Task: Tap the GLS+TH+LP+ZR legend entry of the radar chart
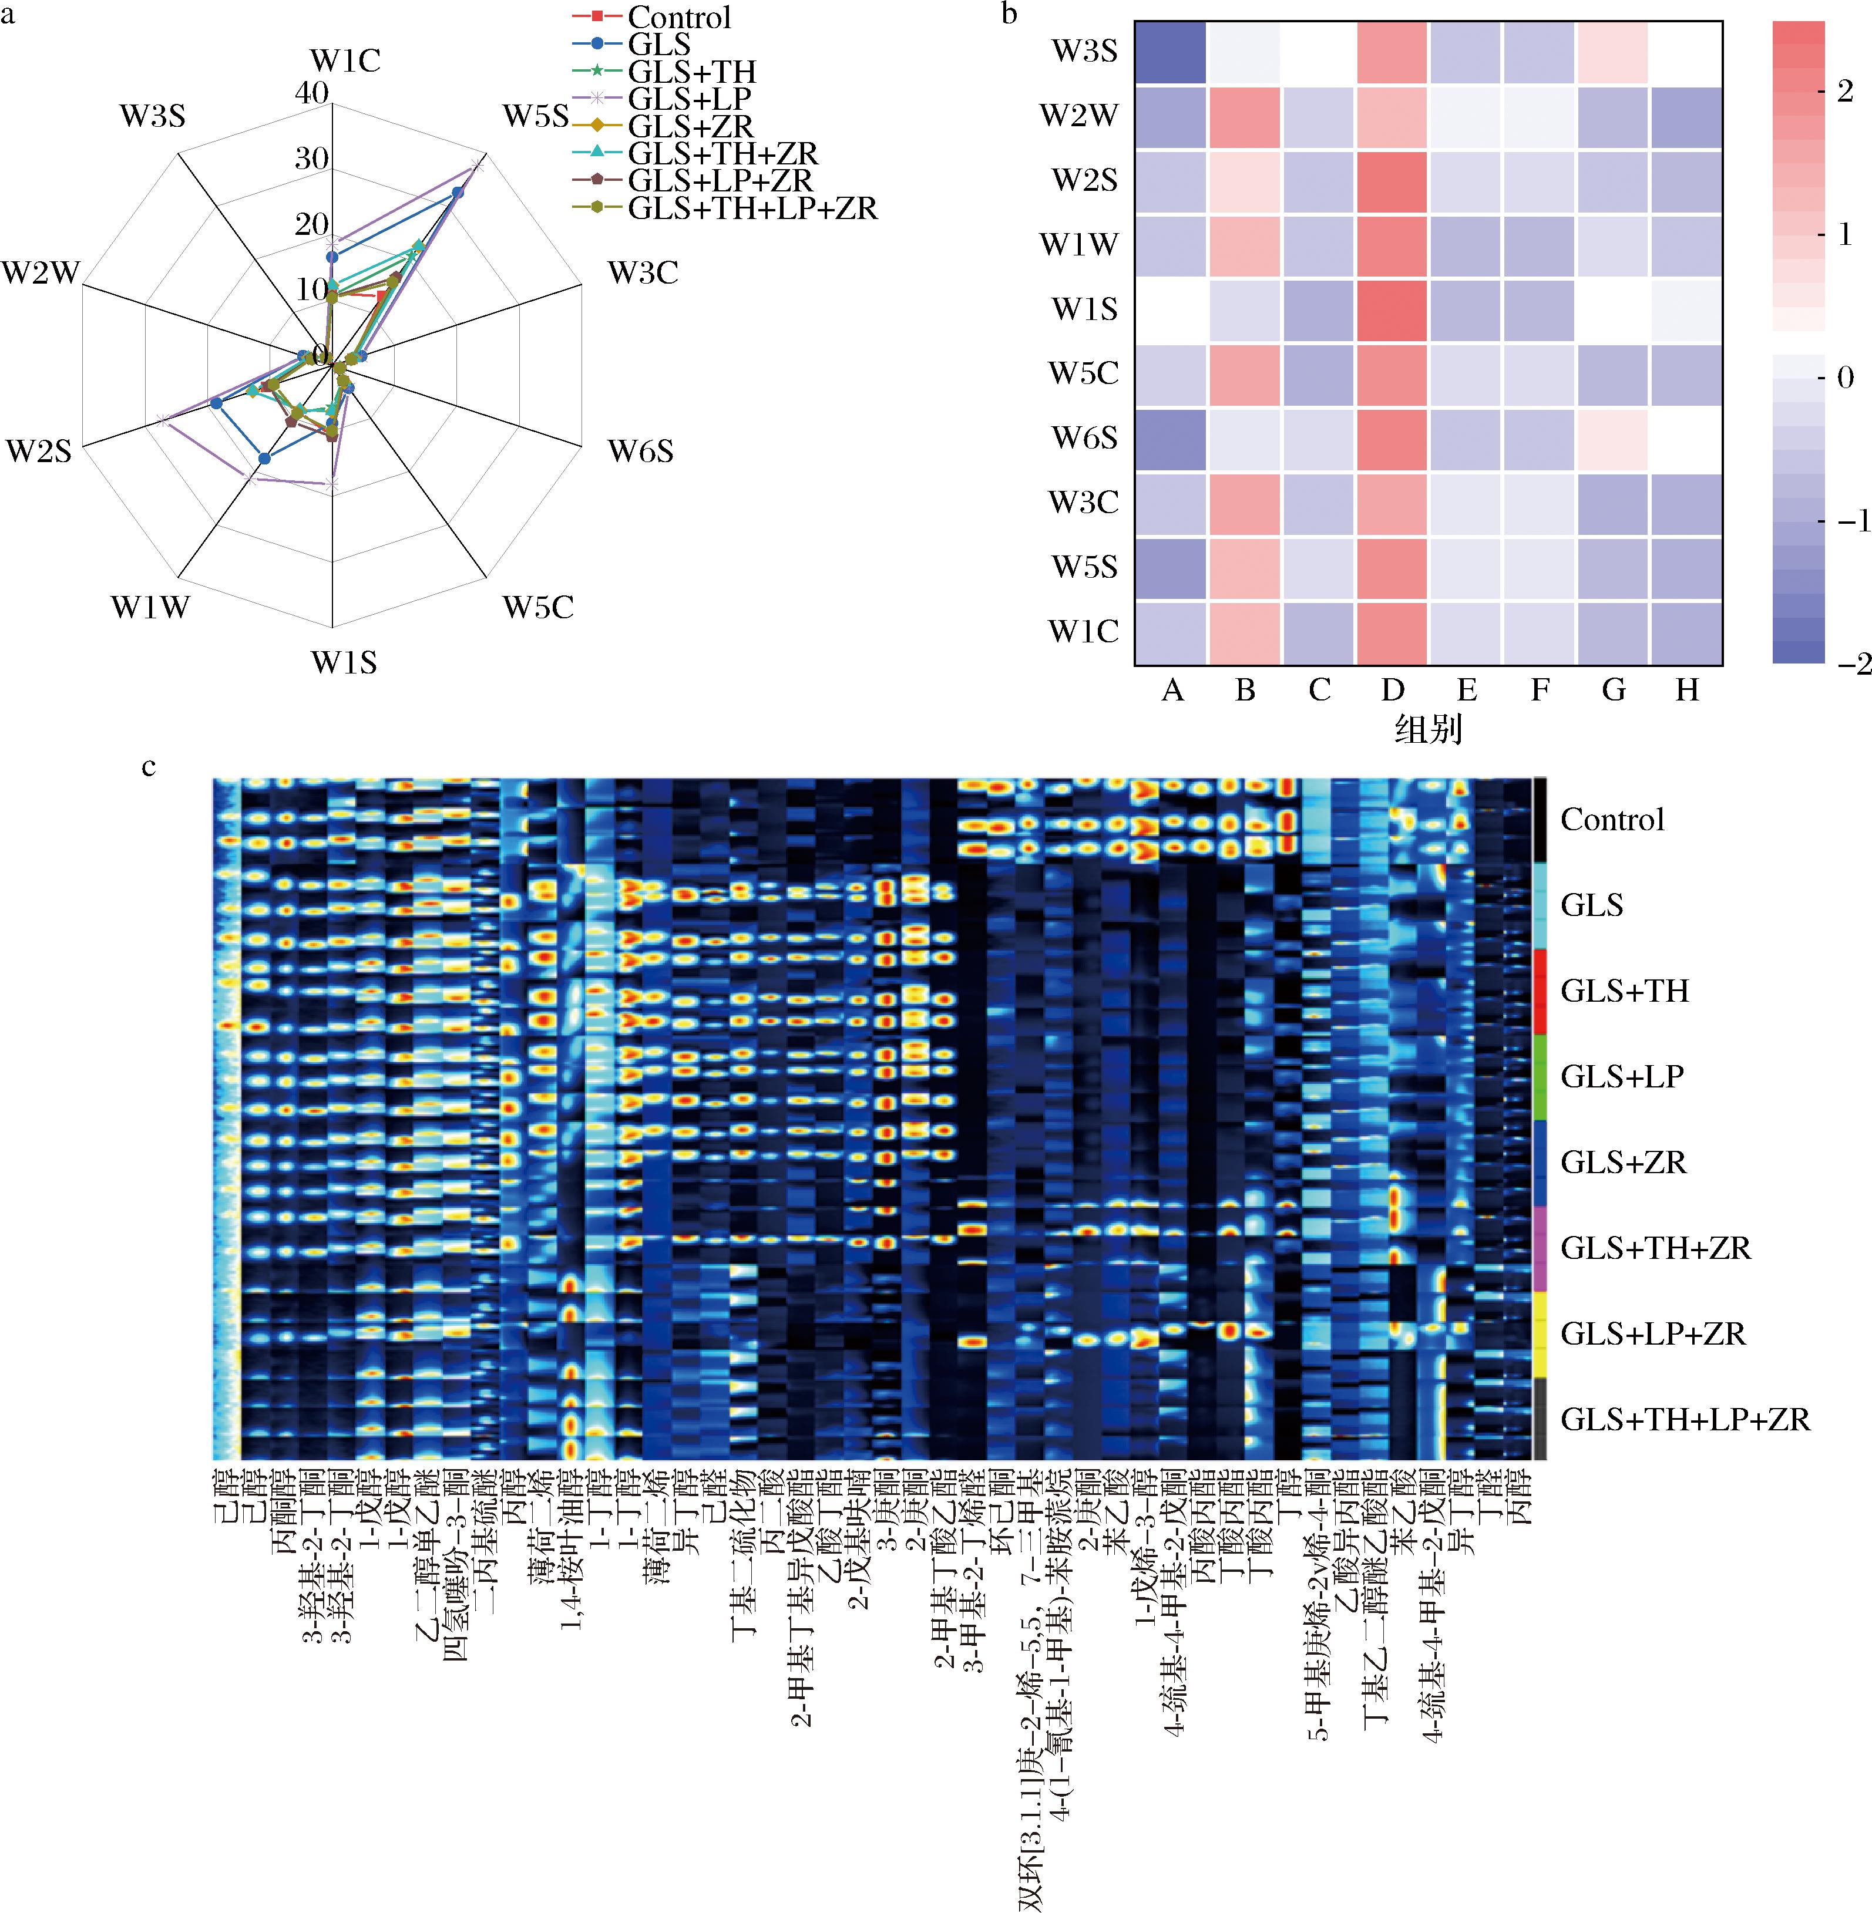point(752,208)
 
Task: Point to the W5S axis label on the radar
point(536,116)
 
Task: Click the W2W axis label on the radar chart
point(41,272)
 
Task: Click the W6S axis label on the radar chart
point(640,451)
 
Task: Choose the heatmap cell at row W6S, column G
point(1612,439)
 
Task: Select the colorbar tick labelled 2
point(1844,92)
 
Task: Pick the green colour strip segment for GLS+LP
point(1540,1076)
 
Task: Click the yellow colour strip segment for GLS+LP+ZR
point(1540,1334)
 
